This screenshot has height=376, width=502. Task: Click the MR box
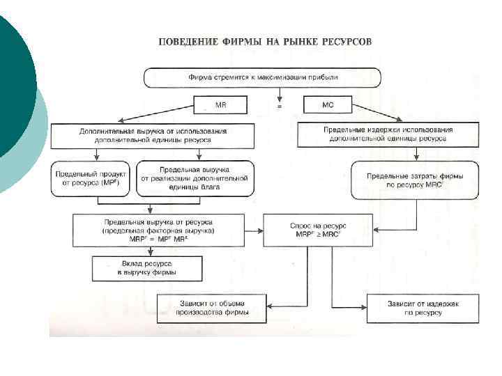(221, 106)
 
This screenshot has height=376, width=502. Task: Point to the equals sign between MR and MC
(279, 107)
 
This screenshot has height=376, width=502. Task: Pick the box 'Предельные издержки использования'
(388, 134)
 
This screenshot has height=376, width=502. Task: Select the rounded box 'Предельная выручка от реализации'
(195, 178)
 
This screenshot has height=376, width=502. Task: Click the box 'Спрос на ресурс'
(317, 230)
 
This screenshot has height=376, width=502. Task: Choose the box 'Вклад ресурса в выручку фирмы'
(147, 268)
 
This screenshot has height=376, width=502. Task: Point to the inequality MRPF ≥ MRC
(317, 235)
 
